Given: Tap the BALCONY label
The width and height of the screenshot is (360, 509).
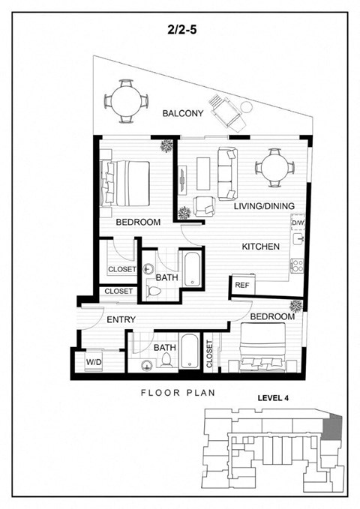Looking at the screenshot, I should click(x=183, y=113).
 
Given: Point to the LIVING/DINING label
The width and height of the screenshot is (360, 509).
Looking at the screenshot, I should click(x=262, y=206).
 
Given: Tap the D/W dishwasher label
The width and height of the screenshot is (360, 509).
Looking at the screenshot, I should click(x=298, y=223).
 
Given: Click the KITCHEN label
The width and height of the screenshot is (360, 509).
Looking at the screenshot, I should click(x=260, y=247).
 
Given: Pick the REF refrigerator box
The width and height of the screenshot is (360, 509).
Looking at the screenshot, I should click(x=241, y=285).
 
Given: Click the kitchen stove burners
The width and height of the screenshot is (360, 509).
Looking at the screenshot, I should click(x=297, y=264).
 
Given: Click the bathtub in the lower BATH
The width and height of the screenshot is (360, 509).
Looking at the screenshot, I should click(x=190, y=353).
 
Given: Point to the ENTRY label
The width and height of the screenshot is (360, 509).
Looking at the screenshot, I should click(x=121, y=320).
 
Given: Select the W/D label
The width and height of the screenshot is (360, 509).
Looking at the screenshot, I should click(x=94, y=363).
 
